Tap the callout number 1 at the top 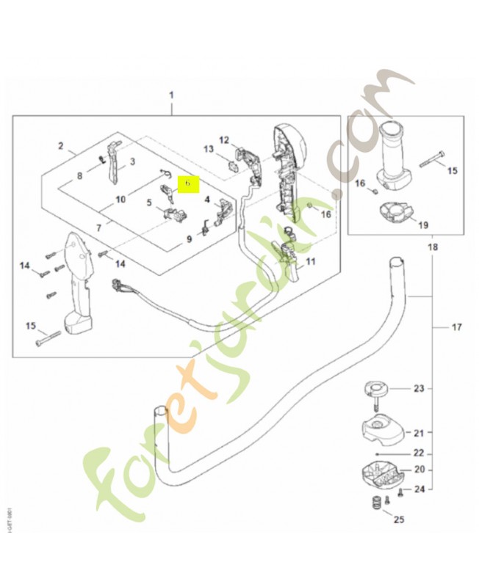click(x=171, y=96)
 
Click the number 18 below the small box click(x=432, y=247)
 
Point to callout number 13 click(x=208, y=150)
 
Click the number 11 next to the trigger click(x=310, y=261)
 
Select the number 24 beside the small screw click(x=419, y=489)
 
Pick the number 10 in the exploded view click(x=120, y=200)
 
